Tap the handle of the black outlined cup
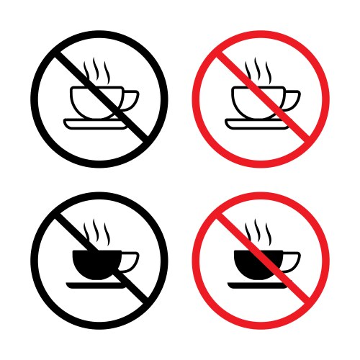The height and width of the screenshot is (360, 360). coord(131,99)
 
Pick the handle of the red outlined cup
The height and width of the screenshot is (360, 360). coord(293,99)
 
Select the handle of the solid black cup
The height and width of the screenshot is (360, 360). coord(131,261)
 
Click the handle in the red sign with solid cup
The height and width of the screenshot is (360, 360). coord(293,261)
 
